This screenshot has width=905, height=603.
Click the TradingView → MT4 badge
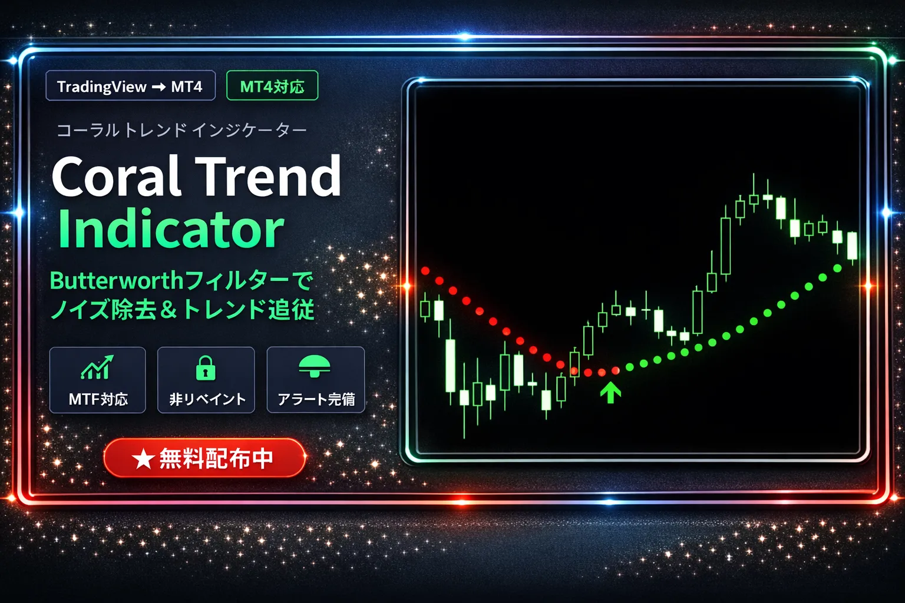[x=130, y=87]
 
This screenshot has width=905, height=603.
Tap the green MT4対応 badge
[x=272, y=87]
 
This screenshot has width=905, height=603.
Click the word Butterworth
[x=117, y=281]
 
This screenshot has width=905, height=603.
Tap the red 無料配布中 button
[x=204, y=458]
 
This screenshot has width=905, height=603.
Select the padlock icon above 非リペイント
[x=206, y=369]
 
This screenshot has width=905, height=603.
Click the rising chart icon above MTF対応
[x=97, y=367]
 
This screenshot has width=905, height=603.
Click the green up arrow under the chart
[x=611, y=392]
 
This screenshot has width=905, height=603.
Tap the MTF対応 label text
[x=98, y=399]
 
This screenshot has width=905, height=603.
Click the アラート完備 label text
[x=316, y=399]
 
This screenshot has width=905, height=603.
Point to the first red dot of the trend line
[x=425, y=271]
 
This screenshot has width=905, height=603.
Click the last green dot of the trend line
[x=837, y=269]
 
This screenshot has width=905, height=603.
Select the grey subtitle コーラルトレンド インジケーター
[x=181, y=130]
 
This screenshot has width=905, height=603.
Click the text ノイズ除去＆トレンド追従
[x=182, y=310]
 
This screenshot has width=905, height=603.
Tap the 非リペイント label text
[x=207, y=399]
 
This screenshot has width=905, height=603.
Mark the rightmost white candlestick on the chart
[x=852, y=246]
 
